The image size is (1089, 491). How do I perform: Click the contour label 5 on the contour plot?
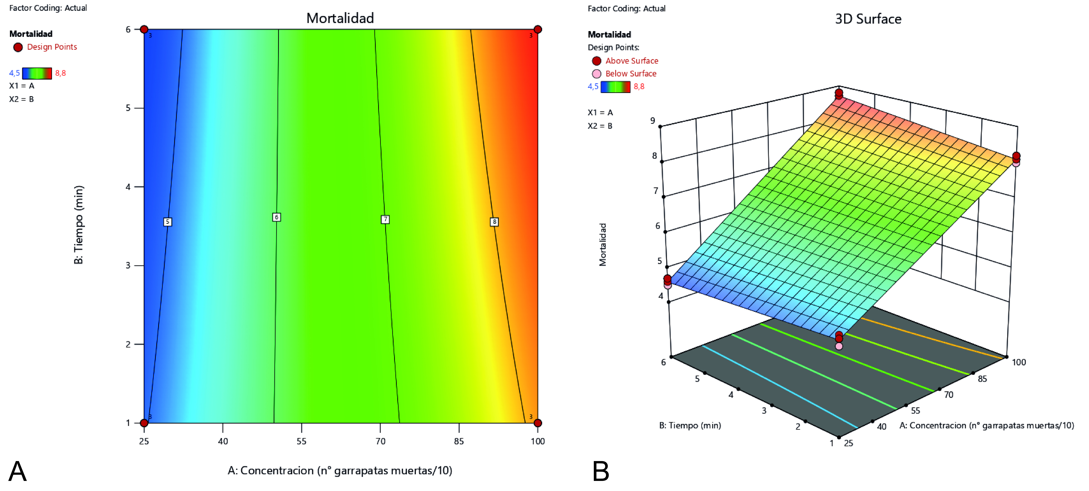tap(167, 222)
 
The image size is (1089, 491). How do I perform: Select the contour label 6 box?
tap(277, 217)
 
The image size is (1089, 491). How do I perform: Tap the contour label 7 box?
tap(385, 219)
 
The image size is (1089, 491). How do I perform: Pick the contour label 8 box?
tap(494, 222)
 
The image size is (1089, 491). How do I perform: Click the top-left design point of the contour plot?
tap(144, 29)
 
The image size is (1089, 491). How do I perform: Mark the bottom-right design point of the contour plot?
tap(538, 423)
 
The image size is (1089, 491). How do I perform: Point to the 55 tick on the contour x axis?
tap(301, 441)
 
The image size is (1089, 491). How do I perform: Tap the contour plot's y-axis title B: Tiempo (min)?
tap(79, 225)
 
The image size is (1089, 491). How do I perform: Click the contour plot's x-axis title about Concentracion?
tap(340, 470)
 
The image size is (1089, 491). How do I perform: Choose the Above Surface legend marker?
tap(597, 61)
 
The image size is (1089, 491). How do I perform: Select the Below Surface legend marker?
tap(597, 74)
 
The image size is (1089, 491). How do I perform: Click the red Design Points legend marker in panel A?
tap(18, 47)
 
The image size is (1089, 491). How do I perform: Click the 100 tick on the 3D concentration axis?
tap(1019, 362)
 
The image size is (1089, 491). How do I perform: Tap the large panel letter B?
tap(601, 471)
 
